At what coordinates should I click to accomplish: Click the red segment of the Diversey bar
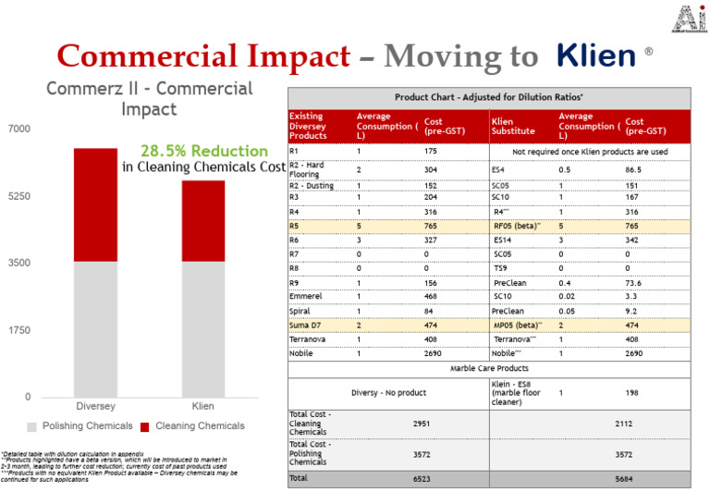coord(95,204)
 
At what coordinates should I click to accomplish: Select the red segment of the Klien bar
coord(202,221)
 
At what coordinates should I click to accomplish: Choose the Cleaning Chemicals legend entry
coord(193,426)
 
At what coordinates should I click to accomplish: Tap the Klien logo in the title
coord(597,55)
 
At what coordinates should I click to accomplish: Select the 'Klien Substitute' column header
coord(513,126)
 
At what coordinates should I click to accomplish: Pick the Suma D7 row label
coord(305,325)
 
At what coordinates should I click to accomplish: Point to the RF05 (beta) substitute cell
coord(515,225)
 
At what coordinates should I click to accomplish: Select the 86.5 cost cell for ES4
coord(633,170)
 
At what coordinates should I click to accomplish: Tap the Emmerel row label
coord(307,296)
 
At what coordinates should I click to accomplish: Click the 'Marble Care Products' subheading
coord(489,368)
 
